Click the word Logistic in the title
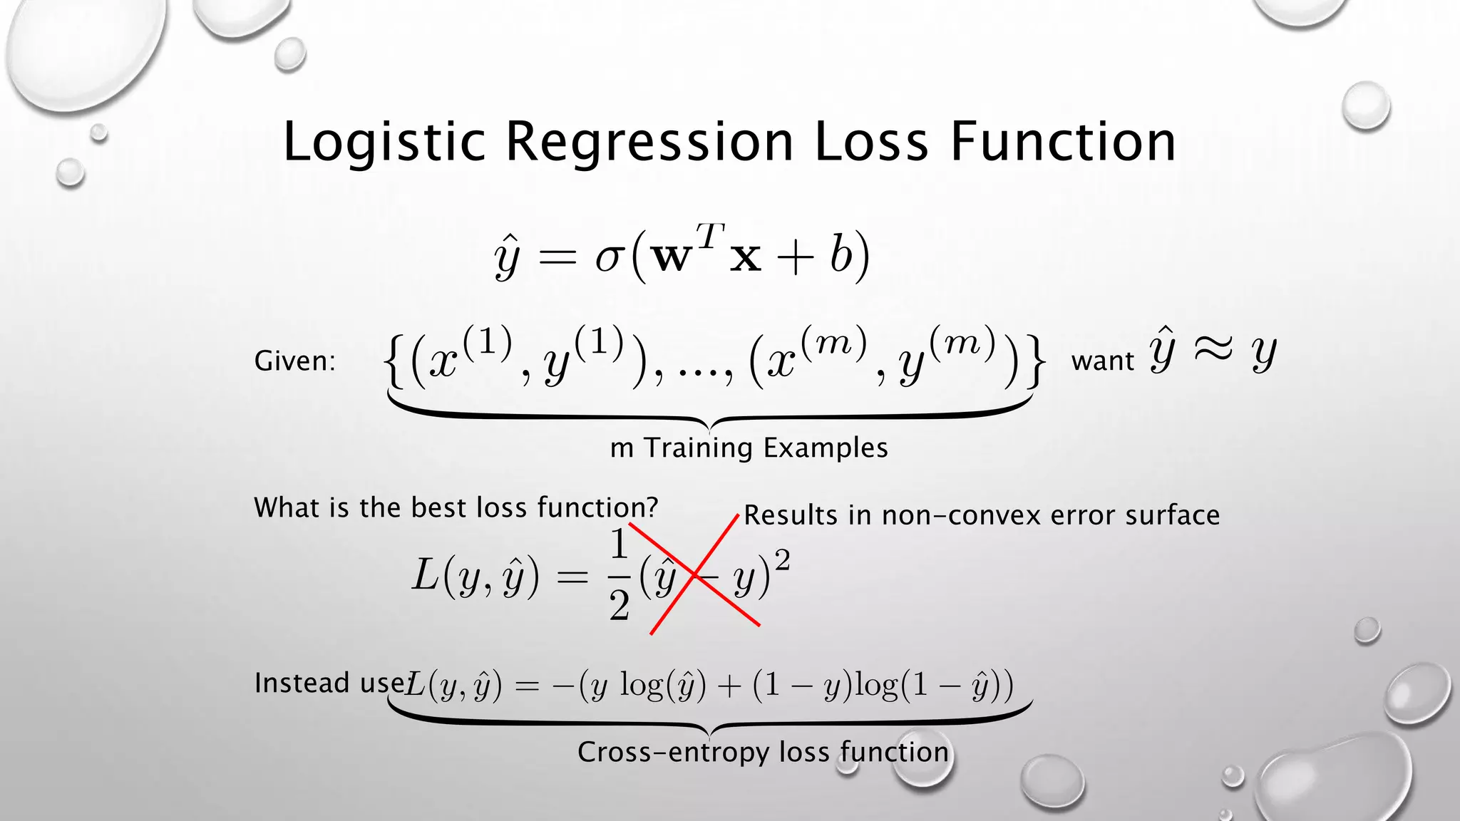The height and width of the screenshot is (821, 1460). click(x=384, y=142)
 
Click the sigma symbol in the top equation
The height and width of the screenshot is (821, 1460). click(x=610, y=257)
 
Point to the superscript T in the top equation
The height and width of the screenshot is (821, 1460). click(x=710, y=235)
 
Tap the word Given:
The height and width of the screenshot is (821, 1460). click(x=294, y=361)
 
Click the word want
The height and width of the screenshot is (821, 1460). click(x=1102, y=361)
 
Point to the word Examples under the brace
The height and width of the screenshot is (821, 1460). click(x=826, y=448)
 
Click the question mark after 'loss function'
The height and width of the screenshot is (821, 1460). click(x=650, y=507)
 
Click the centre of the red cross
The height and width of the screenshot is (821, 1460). click(x=696, y=576)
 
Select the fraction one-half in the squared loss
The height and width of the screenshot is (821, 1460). click(x=619, y=576)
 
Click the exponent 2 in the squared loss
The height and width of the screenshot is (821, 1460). click(x=782, y=562)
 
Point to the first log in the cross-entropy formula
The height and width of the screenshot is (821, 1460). click(x=642, y=686)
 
